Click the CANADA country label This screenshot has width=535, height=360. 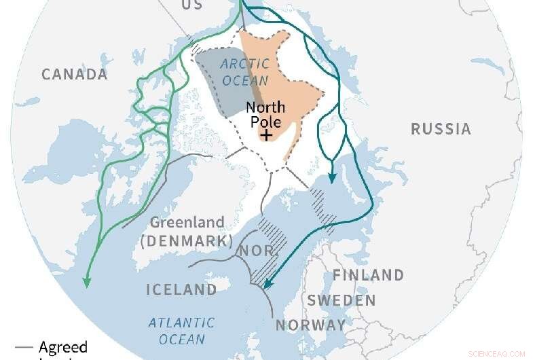click(75, 75)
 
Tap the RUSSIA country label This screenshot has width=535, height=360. click(441, 129)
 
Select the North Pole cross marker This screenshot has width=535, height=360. click(267, 135)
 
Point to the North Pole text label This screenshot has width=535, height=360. click(265, 114)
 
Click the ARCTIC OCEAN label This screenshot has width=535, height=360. click(244, 71)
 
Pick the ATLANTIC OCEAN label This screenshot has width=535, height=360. click(181, 331)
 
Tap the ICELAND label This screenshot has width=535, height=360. click(181, 290)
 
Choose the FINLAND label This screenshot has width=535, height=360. click(368, 275)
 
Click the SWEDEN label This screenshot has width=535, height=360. click(341, 300)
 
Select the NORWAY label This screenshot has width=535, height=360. click(310, 325)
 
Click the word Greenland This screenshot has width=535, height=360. click(187, 223)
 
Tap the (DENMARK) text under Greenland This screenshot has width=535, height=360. click(186, 240)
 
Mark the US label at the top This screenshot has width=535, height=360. click(191, 5)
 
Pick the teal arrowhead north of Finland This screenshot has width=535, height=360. click(332, 178)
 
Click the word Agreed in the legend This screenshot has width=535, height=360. click(62, 348)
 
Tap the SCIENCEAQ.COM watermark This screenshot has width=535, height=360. click(497, 354)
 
